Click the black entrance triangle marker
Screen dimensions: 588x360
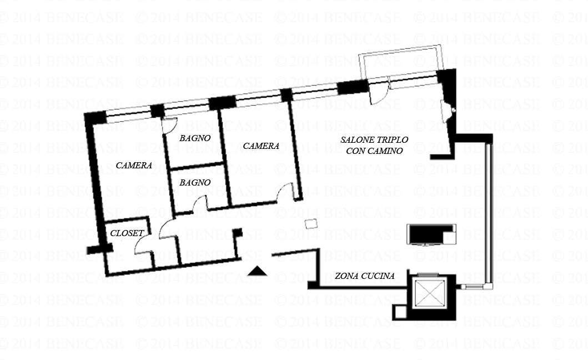coord(257,271)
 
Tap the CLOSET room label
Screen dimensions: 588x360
coord(127,233)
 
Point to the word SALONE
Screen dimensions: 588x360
coord(353,140)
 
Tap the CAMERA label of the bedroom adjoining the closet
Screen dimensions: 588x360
coord(134,166)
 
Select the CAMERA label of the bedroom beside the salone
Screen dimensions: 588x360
coord(261,146)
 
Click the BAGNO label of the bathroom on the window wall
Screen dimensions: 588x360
coord(195,138)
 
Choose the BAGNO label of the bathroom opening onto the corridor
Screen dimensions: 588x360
coord(195,183)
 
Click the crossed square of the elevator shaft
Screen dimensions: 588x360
coord(430,293)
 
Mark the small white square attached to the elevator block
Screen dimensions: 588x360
coord(400,312)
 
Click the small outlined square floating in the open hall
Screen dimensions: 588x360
coord(311,224)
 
